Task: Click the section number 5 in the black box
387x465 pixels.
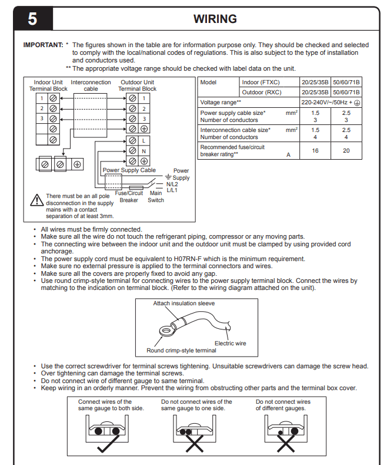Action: (x=32, y=19)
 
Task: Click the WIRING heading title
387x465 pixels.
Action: (x=215, y=19)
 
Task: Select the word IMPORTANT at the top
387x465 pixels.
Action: (x=43, y=45)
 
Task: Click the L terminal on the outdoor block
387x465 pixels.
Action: (x=143, y=140)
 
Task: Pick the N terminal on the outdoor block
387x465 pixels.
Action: (x=143, y=150)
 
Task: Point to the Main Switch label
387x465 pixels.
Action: (x=156, y=197)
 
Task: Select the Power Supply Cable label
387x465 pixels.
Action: (x=129, y=170)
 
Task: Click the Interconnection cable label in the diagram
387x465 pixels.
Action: (x=91, y=85)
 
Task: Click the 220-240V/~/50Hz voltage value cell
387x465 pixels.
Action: (x=331, y=102)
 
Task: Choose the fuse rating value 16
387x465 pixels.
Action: (x=315, y=150)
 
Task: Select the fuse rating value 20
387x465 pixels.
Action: (x=346, y=150)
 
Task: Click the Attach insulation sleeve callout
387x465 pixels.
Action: (x=184, y=304)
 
